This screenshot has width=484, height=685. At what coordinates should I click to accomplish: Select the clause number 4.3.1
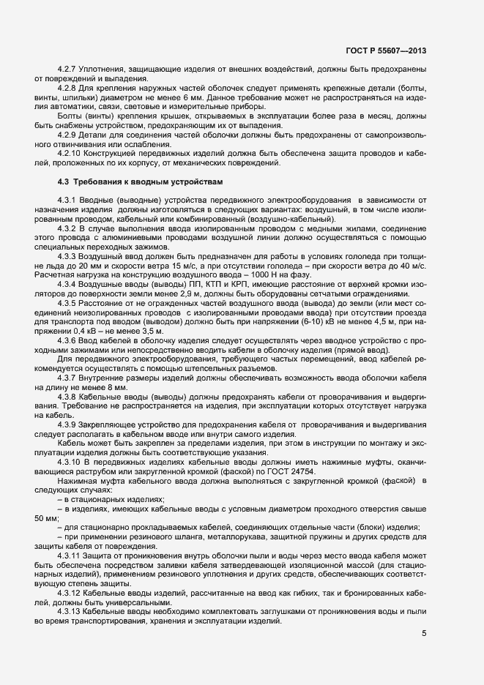click(x=67, y=200)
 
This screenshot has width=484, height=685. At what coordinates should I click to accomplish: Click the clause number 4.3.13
click(x=70, y=591)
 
